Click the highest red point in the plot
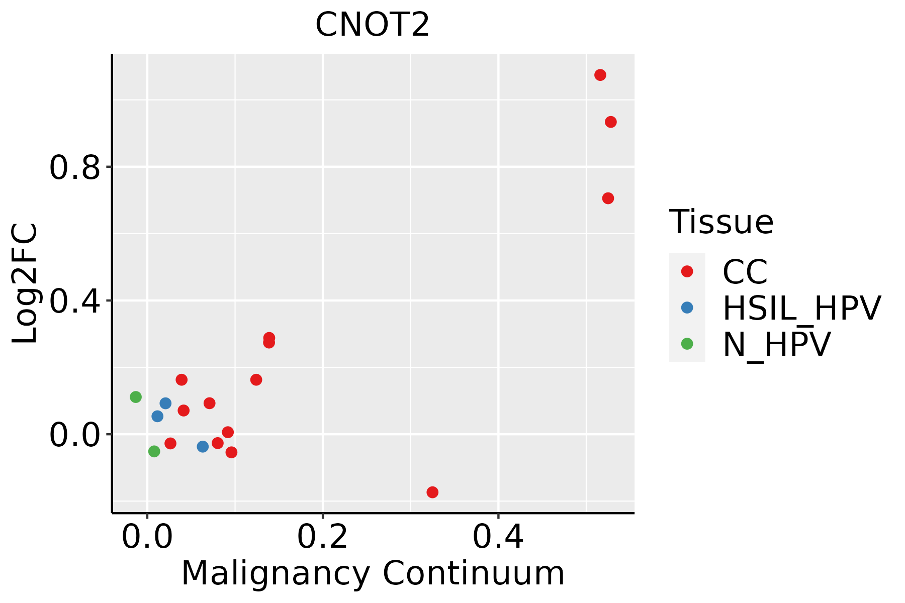600,75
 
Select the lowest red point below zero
432,492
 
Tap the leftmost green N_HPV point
136,397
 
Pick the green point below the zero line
154,451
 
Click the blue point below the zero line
203,446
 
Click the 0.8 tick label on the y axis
75,168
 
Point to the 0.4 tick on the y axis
75,301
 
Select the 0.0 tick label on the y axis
75,435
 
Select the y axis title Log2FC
25,284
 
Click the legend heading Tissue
721,222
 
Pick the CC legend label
745,272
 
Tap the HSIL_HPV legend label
801,308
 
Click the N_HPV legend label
776,344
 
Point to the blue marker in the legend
687,308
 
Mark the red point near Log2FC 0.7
608,198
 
